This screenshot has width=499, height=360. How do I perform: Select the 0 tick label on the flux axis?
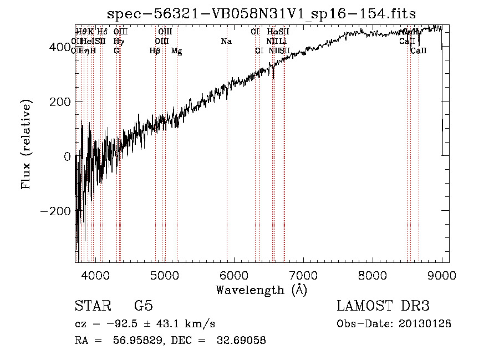(67, 156)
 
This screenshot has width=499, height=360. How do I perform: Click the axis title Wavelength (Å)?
(261, 290)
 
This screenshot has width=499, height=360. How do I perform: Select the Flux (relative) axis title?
(26, 145)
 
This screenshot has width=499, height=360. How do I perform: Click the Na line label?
(226, 41)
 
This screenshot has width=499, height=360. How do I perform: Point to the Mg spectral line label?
(176, 51)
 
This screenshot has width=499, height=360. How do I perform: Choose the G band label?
(116, 50)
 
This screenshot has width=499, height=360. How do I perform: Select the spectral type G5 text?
(143, 306)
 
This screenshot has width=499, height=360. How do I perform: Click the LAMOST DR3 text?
(383, 306)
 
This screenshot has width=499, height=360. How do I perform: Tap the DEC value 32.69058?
(242, 341)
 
